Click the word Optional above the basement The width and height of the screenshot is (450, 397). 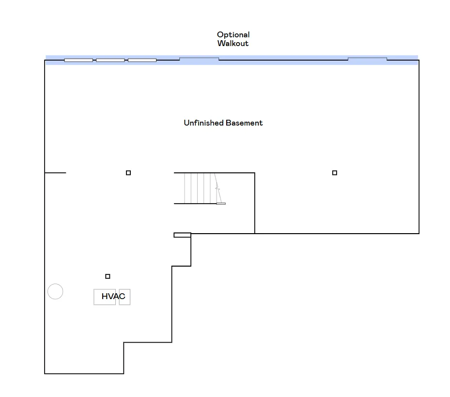233,35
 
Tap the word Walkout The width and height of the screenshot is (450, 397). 233,43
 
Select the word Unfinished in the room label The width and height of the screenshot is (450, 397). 203,123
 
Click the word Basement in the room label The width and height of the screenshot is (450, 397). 244,123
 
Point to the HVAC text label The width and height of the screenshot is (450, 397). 113,296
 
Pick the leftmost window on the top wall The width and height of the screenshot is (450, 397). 78,60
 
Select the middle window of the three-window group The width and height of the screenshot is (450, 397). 110,60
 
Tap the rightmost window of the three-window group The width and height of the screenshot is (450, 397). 142,60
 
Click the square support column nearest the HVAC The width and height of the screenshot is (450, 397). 108,276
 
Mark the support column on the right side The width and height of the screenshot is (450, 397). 335,173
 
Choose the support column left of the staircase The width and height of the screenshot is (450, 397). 128,173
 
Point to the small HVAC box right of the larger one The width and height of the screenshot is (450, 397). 124,297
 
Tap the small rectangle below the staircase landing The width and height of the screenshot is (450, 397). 182,235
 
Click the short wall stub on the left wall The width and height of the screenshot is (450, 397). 55,173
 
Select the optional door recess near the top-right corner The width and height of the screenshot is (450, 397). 367,59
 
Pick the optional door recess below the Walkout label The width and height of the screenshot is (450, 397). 199,59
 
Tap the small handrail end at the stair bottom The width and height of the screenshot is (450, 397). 221,204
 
